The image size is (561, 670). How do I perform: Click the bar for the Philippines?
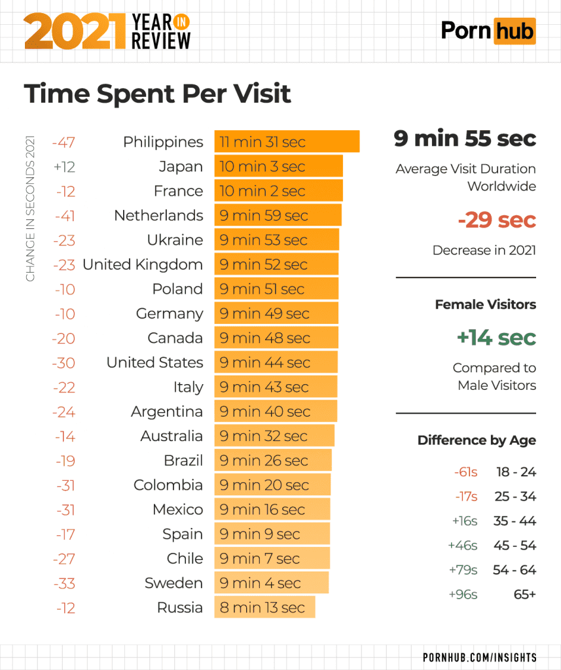287,142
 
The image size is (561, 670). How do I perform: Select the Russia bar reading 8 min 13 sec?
264,608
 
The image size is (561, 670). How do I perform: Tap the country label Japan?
181,167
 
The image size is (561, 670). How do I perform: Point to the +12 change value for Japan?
64,167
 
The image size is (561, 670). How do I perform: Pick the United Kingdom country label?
143,265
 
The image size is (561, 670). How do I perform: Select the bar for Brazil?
272,461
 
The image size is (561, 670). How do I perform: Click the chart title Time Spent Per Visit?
157,94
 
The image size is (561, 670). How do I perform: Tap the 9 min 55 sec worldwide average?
465,139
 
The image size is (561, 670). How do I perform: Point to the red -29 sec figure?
497,220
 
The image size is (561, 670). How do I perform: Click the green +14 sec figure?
496,338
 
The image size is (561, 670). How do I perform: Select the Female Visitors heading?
485,304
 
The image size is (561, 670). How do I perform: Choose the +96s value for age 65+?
463,595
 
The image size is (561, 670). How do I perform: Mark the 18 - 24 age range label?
516,472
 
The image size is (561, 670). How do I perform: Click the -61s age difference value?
465,472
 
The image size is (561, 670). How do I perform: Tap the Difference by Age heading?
477,440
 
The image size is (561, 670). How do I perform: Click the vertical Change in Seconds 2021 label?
30,209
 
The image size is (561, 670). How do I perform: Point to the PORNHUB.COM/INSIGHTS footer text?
480,657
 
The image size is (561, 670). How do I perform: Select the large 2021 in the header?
73,32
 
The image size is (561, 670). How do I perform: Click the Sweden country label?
173,583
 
